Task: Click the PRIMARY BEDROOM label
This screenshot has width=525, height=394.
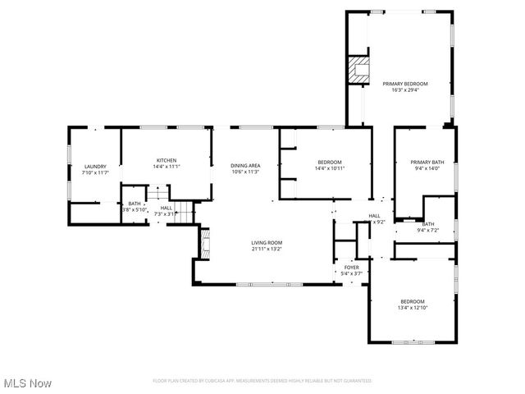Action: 404,84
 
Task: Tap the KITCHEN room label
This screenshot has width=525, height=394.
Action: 167,160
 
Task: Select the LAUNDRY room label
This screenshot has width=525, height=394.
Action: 95,167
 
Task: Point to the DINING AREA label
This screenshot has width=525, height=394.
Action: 245,166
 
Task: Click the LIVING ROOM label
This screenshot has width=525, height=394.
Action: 267,242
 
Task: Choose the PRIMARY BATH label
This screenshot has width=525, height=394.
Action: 427,163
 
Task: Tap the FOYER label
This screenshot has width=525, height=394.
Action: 351,267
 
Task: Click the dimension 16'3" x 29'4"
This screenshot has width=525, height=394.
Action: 404,90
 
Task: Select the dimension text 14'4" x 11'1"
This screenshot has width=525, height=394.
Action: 167,167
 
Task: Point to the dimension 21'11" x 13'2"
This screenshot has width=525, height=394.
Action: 267,249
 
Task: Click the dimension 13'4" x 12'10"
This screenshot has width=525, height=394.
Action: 413,308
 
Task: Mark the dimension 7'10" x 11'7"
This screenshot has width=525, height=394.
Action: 95,173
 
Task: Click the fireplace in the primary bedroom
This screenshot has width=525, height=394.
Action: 358,69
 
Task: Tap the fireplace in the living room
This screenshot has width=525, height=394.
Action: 206,244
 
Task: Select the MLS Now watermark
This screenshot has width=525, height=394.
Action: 28,383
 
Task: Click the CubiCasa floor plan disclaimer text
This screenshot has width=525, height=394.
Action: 262,381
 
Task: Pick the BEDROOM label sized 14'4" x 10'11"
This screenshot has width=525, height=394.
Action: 329,163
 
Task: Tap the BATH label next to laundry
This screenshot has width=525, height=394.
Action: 134,204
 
